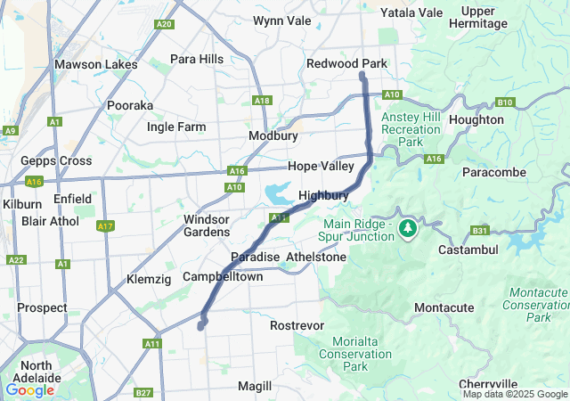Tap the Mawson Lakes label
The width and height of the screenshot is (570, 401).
[96, 64]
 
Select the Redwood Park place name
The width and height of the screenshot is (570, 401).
[346, 64]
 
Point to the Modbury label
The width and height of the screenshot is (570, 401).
[273, 135]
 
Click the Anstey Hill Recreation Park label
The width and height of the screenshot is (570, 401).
[411, 129]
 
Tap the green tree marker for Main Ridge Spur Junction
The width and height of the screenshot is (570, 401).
[408, 228]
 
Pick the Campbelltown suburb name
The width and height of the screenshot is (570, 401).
[223, 277]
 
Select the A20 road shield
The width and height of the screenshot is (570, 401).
[163, 24]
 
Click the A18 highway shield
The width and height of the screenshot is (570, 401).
[261, 101]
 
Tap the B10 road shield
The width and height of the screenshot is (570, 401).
[505, 102]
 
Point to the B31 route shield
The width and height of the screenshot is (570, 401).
[480, 230]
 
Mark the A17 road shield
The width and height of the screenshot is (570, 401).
[106, 225]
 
